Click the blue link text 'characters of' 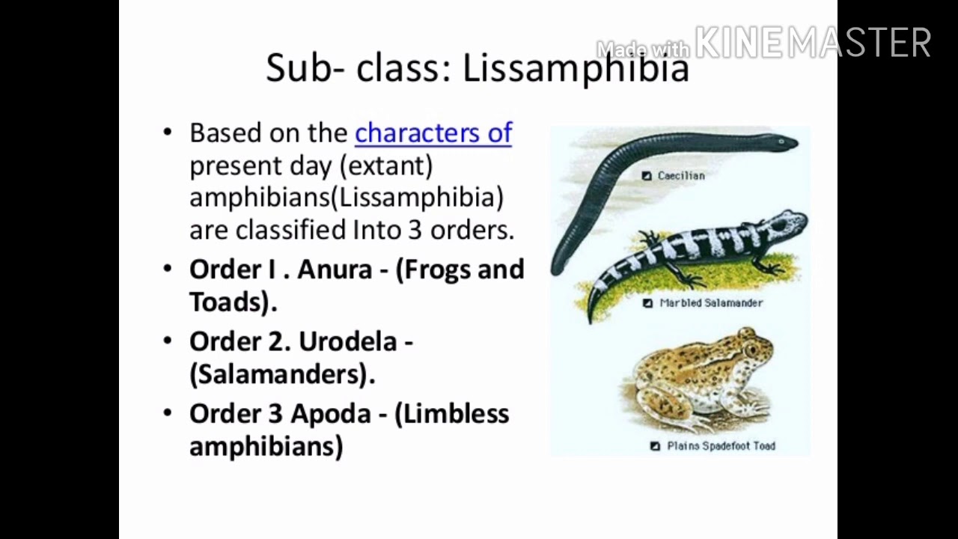coord(433,133)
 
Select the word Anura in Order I coord(335,269)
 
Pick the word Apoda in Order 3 coord(331,413)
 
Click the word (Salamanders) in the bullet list coord(282,374)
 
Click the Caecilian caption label coord(681,176)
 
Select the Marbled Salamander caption coord(711,303)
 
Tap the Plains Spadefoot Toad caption coord(721,446)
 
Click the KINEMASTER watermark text coord(813,43)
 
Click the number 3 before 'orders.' coord(415,230)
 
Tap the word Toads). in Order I coord(234,302)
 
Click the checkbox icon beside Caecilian coord(647,176)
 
